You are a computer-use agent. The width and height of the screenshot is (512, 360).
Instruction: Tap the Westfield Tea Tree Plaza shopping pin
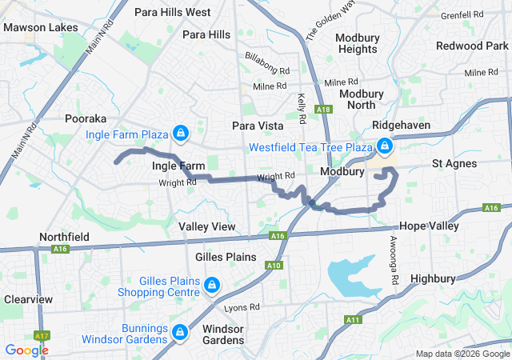point(385,146)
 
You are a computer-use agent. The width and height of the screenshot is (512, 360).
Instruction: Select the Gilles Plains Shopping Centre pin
point(212,285)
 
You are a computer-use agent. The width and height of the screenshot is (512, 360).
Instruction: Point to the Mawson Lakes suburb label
point(41,27)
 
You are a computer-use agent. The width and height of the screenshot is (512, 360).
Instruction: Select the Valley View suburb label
point(207,226)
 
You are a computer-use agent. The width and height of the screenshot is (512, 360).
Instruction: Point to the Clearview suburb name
point(28,299)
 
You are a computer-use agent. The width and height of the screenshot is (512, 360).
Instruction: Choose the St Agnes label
point(454,163)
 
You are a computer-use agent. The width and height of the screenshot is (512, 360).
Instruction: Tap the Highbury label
point(432,278)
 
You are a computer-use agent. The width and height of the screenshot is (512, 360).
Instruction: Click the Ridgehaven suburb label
point(401,126)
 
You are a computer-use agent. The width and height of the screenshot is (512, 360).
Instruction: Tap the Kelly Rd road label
point(302,109)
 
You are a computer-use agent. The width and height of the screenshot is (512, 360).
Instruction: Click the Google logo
point(26,350)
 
